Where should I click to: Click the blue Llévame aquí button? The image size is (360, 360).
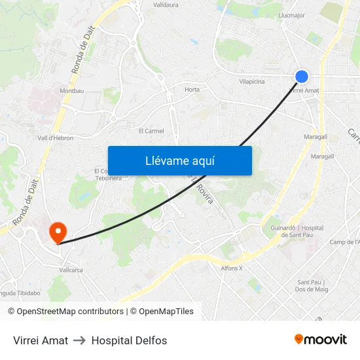pos(180,160)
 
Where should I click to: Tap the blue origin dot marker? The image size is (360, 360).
pos(301,77)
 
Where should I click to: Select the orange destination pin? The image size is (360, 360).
pos(58,232)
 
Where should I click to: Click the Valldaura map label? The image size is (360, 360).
pos(166,5)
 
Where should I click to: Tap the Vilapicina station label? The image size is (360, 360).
pos(252,82)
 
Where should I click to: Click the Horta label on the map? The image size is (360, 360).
pos(192,90)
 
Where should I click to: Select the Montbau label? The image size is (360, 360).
pos(72,90)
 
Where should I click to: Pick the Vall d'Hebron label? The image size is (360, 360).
pos(55,138)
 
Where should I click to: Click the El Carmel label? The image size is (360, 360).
pos(151,131)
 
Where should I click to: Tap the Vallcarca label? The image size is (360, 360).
pos(71,269)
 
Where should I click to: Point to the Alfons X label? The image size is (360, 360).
pos(232,268)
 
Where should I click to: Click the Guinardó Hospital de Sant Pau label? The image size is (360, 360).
pos(297,232)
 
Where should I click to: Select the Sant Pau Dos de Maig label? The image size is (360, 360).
pos(311,285)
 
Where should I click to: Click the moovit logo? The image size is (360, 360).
pos(321,339)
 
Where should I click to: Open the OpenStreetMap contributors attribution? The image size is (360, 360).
pos(65,312)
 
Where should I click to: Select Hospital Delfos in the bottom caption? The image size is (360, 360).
pos(129,340)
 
